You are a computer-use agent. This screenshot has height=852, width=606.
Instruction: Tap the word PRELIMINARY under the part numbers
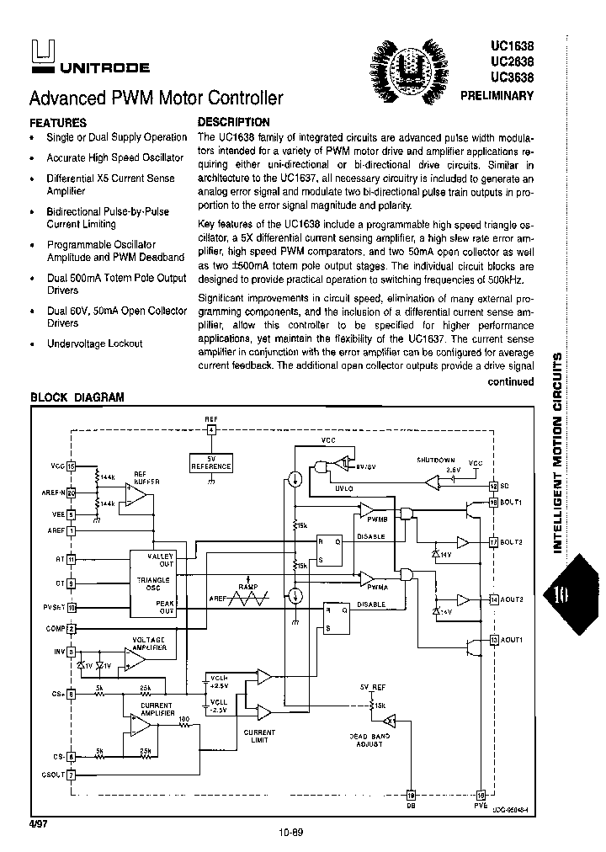(x=497, y=96)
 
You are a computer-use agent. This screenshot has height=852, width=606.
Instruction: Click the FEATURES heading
(x=58, y=122)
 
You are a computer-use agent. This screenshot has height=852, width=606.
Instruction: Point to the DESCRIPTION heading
(x=233, y=122)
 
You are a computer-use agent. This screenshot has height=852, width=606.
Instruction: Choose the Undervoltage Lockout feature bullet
(x=94, y=343)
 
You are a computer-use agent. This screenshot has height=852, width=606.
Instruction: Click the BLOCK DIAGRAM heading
(x=77, y=397)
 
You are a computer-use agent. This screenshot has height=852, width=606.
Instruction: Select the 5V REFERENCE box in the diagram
(x=210, y=461)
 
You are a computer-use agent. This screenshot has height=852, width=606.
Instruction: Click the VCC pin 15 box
(x=72, y=465)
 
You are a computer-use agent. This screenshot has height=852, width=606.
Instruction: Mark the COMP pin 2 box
(x=72, y=628)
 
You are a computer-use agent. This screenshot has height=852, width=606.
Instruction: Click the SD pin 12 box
(x=494, y=486)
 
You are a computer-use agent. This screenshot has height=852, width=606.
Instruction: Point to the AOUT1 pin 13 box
(x=493, y=641)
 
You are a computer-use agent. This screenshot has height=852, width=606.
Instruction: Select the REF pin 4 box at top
(x=211, y=430)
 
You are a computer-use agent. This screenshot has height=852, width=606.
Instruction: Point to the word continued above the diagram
(x=511, y=381)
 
